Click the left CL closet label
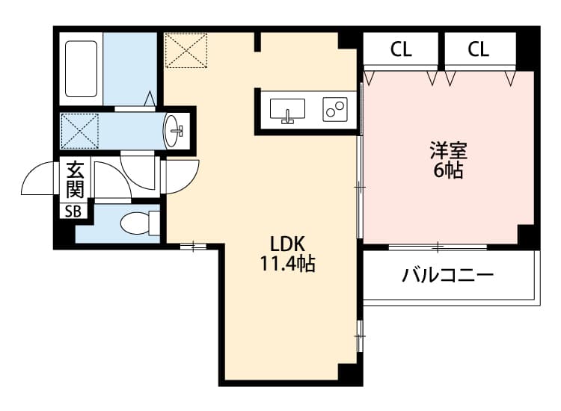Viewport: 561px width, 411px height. [401, 50]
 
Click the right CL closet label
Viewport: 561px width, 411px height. [479, 50]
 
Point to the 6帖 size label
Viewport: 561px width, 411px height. [448, 171]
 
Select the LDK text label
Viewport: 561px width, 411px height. [286, 244]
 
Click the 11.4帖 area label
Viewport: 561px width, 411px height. [287, 264]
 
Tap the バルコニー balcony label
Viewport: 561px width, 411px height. [447, 276]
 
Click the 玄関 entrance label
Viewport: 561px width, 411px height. [75, 179]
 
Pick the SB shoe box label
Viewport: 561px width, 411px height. [73, 211]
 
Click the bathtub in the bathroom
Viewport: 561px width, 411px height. [82, 69]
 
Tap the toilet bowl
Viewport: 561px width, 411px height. [135, 223]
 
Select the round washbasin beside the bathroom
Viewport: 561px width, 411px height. [174, 131]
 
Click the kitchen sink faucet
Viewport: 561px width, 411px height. [287, 114]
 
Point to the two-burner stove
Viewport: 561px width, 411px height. [334, 109]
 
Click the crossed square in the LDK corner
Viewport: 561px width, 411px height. [186, 49]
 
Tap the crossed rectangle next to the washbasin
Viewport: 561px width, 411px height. [79, 130]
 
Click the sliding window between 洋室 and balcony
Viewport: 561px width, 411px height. [438, 246]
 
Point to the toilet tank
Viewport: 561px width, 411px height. [155, 223]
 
